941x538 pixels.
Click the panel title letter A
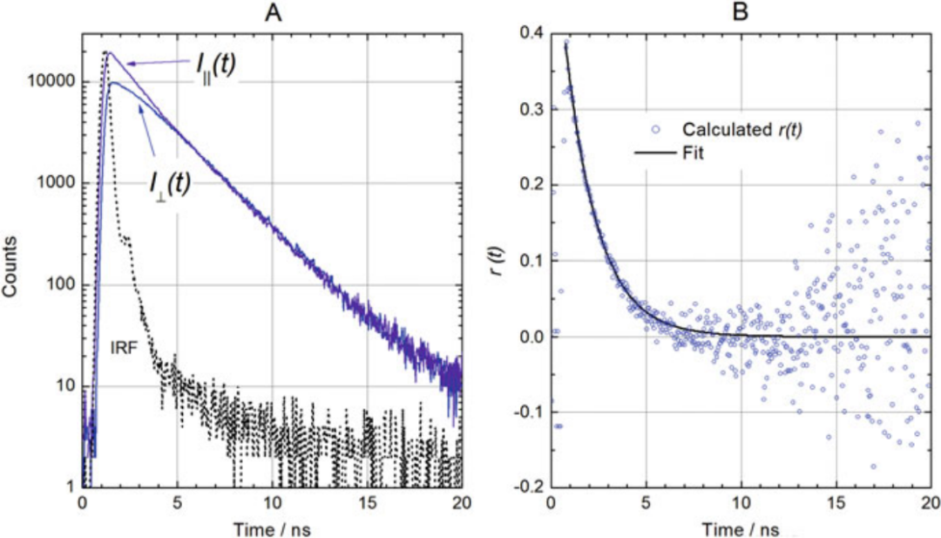[x=272, y=11]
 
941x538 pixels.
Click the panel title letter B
[x=741, y=11]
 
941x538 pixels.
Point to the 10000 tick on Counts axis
[x=53, y=82]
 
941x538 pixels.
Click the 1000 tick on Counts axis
[x=58, y=184]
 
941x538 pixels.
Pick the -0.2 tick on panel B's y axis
[x=526, y=487]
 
